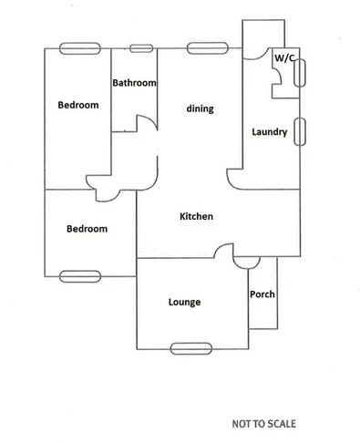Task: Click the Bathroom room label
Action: [134, 83]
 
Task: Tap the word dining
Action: [200, 109]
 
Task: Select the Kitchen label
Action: [196, 217]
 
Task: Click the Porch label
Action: [262, 294]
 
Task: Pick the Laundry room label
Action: [270, 132]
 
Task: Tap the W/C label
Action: [284, 57]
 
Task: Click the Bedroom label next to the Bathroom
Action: [77, 105]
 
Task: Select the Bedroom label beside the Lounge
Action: [87, 229]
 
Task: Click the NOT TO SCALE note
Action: [263, 424]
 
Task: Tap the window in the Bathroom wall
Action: [140, 48]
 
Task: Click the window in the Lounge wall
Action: [190, 346]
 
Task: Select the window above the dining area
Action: [206, 47]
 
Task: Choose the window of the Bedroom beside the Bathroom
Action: [77, 48]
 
